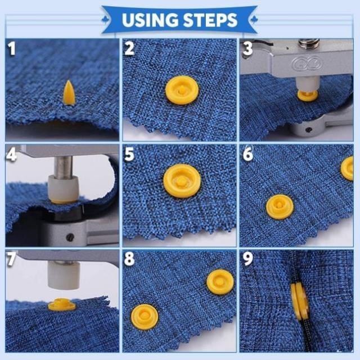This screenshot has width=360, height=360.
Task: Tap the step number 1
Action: [11, 48]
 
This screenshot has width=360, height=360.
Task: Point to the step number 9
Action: [248, 259]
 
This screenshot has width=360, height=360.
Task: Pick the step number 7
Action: [11, 259]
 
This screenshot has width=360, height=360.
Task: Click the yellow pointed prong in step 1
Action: [69, 93]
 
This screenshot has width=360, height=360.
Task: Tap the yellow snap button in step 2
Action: [182, 90]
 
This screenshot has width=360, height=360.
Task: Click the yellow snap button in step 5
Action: [182, 181]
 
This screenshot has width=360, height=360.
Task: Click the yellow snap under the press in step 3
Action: [308, 95]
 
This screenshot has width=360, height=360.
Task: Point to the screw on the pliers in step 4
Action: [70, 237]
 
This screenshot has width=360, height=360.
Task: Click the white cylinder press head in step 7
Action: [64, 275]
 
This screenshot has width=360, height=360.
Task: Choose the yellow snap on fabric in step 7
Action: [61, 304]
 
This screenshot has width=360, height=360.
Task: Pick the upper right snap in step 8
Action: [220, 282]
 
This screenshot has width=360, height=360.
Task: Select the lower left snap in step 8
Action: [145, 317]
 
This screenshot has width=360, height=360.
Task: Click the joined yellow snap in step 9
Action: [300, 301]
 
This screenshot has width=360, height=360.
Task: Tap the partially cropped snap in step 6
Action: [347, 169]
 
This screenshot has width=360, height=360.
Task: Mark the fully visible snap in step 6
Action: [280, 206]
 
